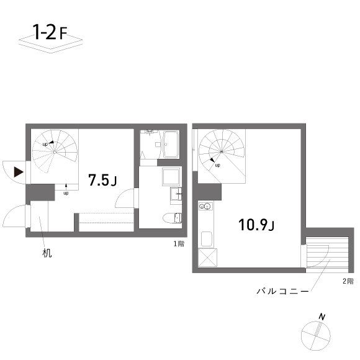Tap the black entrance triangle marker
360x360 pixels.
(x=19, y=171)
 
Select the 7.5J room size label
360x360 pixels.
(x=102, y=181)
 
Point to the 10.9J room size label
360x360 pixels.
(x=256, y=225)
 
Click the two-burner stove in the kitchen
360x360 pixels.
(x=205, y=206)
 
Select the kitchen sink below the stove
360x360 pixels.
(x=205, y=239)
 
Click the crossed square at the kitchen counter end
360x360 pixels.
(x=206, y=256)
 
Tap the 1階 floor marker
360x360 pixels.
(x=179, y=243)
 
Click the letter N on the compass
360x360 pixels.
(x=322, y=318)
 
